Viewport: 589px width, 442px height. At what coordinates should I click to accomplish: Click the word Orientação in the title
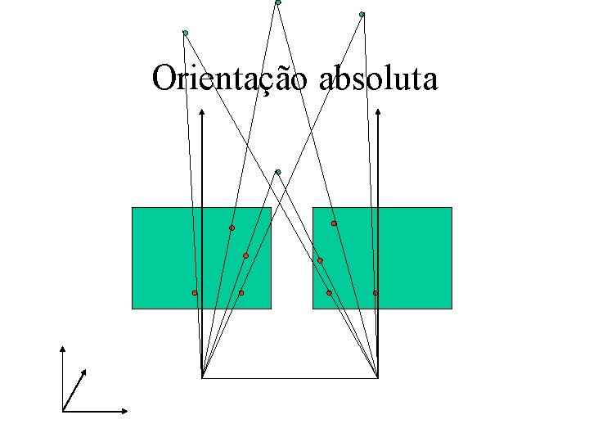point(230,79)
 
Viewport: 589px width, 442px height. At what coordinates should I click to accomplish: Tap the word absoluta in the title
point(378,79)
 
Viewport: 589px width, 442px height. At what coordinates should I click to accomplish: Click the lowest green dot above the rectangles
point(278,172)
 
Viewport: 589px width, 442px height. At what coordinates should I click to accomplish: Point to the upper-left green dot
point(186,33)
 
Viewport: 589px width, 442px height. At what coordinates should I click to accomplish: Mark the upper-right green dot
point(362,14)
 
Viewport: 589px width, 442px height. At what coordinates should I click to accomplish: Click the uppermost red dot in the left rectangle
point(232,228)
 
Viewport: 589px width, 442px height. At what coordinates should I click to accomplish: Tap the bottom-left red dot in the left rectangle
point(195,292)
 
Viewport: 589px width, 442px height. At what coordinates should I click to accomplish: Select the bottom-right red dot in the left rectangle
point(241,292)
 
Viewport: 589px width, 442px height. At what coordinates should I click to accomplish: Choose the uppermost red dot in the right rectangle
point(334,223)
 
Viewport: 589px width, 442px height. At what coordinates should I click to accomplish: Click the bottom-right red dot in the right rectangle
point(375,292)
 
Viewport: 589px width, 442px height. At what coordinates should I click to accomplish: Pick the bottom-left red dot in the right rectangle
point(329,292)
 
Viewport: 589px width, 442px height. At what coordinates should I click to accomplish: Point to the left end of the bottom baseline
point(202,377)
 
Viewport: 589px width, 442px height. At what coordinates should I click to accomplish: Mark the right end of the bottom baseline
point(379,377)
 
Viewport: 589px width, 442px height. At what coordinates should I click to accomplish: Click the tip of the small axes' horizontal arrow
point(127,410)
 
